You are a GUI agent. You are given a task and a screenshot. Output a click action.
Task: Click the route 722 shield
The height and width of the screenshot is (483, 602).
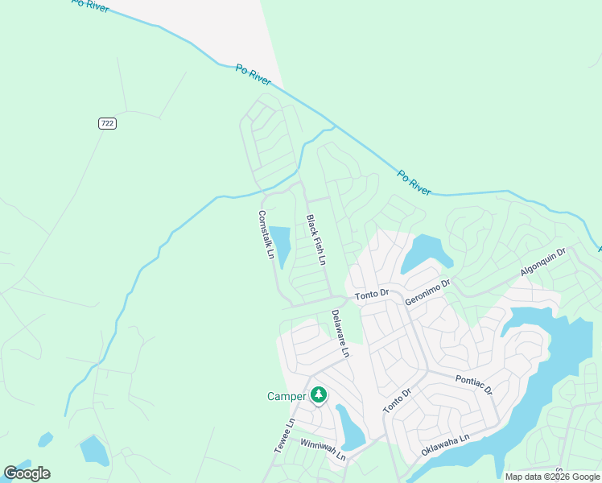pyautogui.click(x=107, y=123)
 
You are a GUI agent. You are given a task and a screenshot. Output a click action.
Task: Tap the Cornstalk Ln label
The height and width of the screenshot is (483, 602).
pyautogui.click(x=266, y=236)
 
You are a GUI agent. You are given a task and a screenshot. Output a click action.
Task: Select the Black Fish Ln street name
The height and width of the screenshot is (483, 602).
pyautogui.click(x=315, y=240)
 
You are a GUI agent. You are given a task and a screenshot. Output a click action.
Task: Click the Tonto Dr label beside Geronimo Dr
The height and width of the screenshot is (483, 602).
pyautogui.click(x=372, y=296)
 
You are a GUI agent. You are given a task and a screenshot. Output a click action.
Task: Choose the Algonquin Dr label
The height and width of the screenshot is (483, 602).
pyautogui.click(x=543, y=262)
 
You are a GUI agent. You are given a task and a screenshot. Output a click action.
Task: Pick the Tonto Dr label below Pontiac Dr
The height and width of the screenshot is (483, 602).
pyautogui.click(x=397, y=401)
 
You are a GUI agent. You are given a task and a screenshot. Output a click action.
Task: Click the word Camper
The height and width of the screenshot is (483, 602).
pyautogui.click(x=287, y=396)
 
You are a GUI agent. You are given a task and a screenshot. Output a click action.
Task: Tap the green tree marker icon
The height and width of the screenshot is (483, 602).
pyautogui.click(x=319, y=394)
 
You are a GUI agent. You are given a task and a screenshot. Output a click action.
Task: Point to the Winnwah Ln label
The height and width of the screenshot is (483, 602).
pyautogui.click(x=323, y=450)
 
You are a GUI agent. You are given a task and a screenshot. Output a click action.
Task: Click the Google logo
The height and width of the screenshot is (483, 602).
pyautogui.click(x=27, y=473)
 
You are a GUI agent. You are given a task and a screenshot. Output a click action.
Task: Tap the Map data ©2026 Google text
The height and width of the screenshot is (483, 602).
pyautogui.click(x=552, y=477)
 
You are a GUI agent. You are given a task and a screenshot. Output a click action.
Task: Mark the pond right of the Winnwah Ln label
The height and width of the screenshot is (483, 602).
pyautogui.click(x=351, y=429)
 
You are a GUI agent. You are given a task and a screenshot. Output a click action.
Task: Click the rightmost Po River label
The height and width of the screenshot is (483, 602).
pyautogui.click(x=414, y=182)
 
